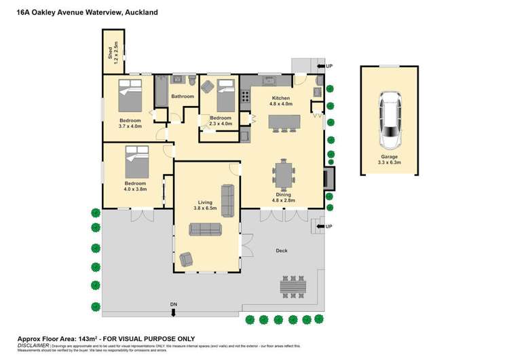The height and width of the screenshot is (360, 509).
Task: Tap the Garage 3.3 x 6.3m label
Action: pos(390,160)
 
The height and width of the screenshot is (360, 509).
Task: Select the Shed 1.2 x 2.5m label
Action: pos(113,53)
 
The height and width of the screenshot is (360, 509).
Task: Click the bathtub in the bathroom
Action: pos(161,92)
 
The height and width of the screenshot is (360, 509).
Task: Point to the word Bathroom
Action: pos(183,96)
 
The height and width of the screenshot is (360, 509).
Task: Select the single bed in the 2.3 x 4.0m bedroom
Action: pos(225,98)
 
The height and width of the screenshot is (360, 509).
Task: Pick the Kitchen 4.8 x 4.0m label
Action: pos(281,101)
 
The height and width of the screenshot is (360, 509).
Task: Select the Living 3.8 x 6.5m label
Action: pos(205,205)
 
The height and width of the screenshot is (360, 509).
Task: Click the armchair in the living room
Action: pos(185,259)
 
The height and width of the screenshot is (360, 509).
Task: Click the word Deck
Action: pos(282,251)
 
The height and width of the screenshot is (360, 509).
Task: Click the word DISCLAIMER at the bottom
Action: pos(33,346)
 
